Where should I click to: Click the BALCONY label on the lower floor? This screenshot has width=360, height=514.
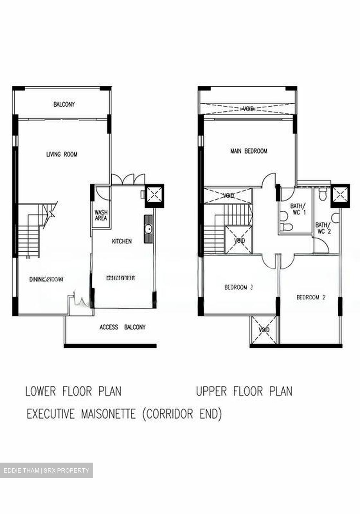[x=64, y=105]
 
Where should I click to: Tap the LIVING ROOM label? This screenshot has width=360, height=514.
[x=62, y=154]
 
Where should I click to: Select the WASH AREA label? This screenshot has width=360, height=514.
[x=101, y=215]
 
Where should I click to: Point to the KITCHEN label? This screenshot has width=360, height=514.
[x=122, y=241]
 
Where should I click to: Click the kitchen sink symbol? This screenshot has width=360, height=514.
[x=148, y=229]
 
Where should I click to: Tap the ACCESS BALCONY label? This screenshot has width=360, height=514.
[x=122, y=327]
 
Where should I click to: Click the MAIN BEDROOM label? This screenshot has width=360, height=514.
[x=249, y=151]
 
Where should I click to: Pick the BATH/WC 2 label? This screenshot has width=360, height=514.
[x=323, y=228]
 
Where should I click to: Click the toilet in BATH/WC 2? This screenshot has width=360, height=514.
[x=322, y=194]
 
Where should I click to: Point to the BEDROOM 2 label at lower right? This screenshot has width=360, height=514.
[x=311, y=297]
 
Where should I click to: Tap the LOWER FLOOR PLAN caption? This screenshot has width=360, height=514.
[x=73, y=391]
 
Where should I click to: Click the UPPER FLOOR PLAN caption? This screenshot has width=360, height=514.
[x=244, y=391]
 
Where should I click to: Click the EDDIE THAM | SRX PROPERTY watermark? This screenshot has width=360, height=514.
[x=46, y=470]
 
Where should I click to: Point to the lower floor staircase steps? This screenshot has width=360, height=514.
[x=29, y=239]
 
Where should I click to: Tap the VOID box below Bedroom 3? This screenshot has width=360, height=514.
[x=264, y=330]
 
